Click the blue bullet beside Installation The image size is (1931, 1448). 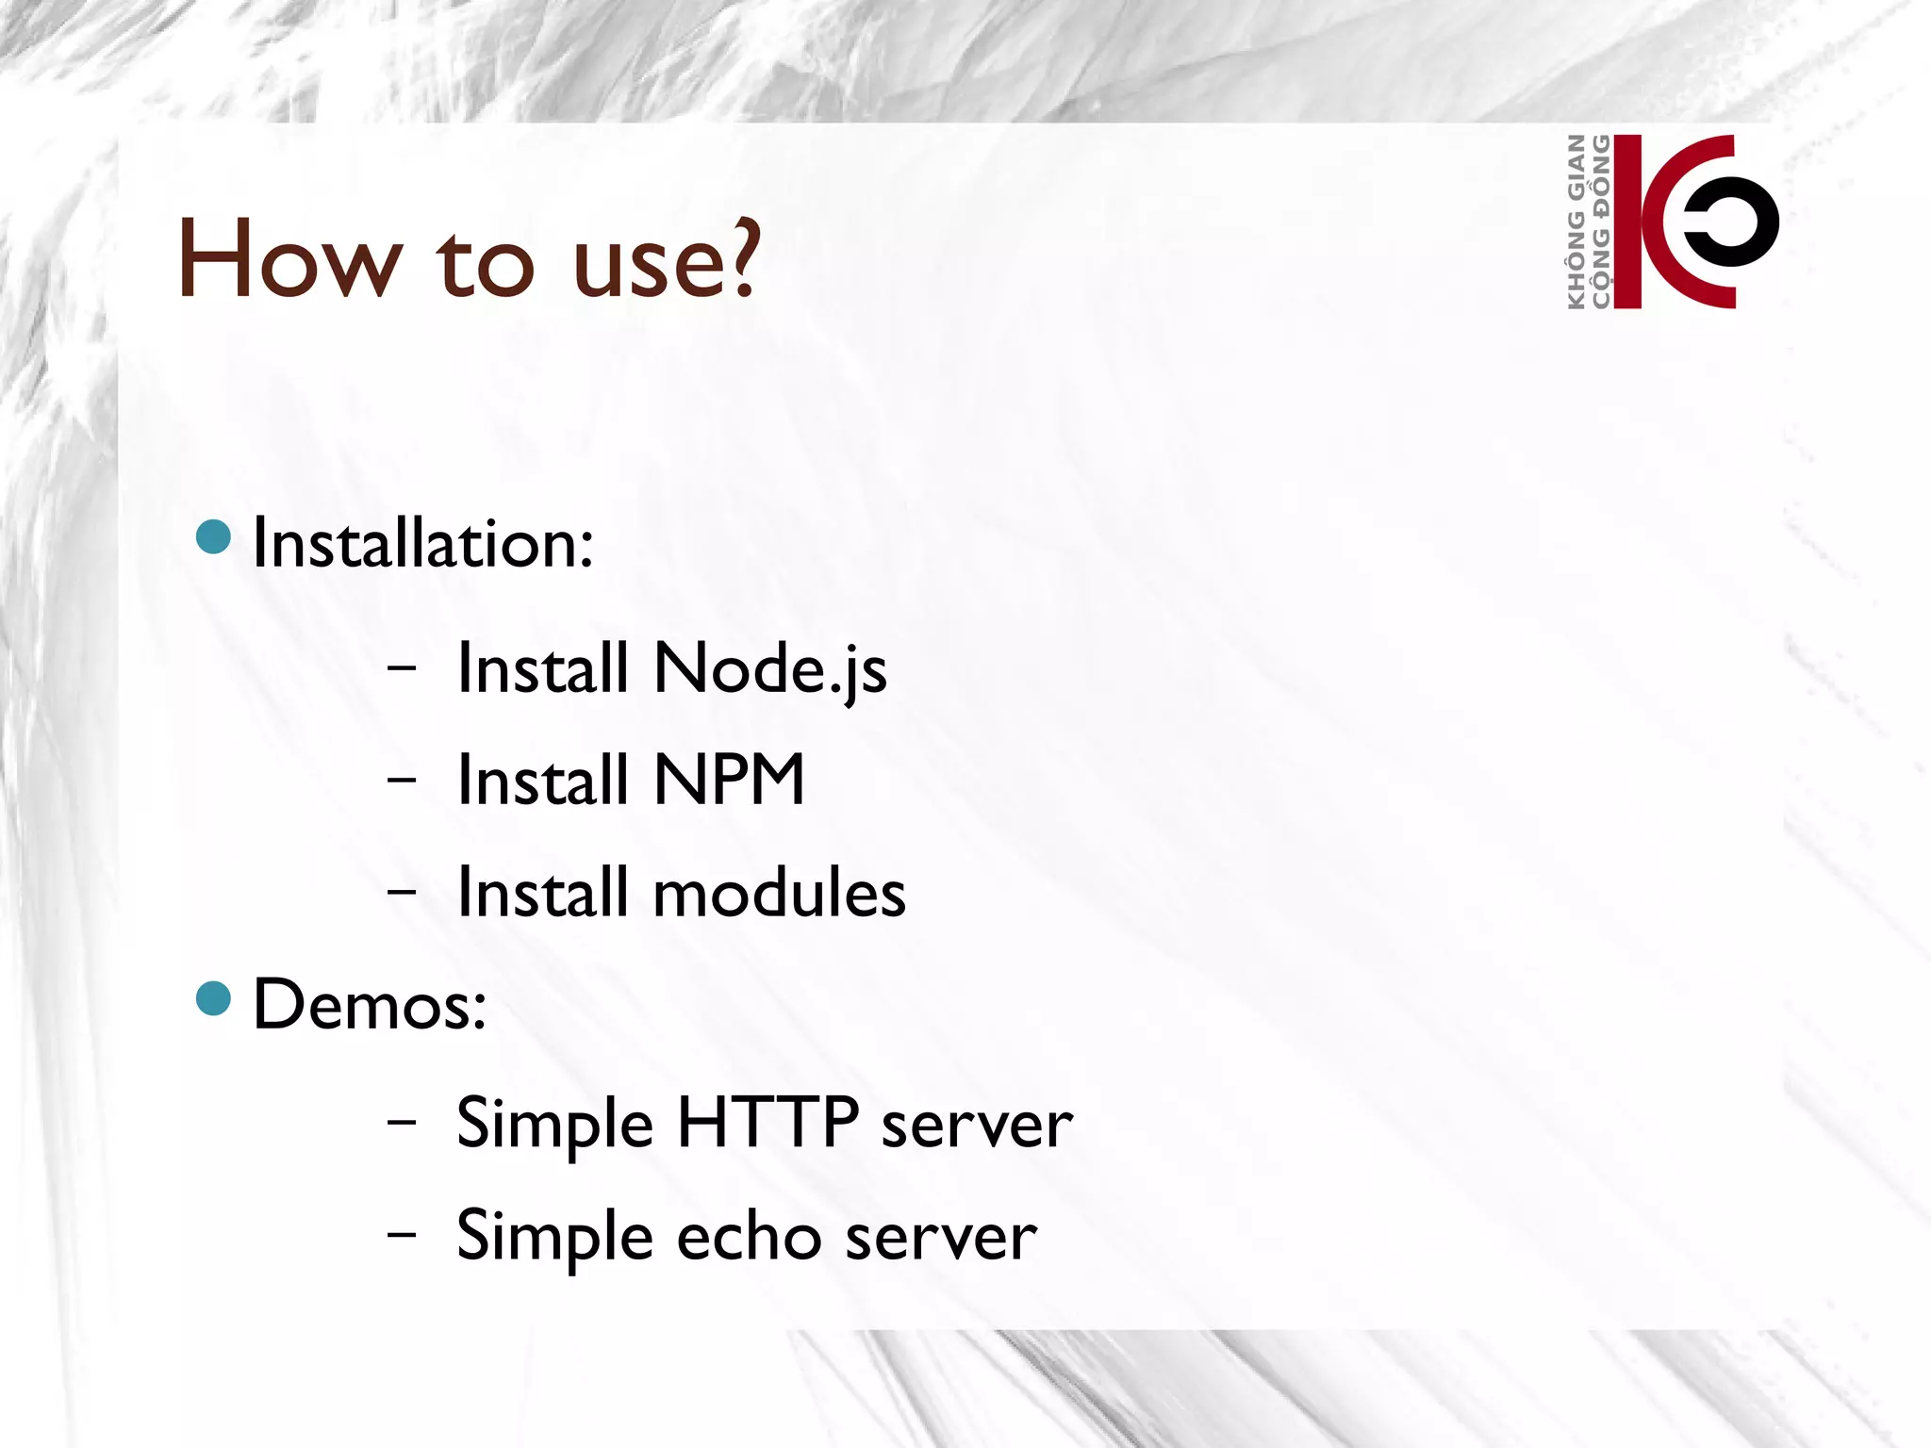[214, 536]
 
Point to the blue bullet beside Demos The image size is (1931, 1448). [214, 998]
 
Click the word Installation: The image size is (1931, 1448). [423, 544]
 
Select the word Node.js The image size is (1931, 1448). [769, 669]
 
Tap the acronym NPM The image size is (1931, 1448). [729, 780]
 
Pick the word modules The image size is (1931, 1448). [779, 892]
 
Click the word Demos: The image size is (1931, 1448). [370, 1005]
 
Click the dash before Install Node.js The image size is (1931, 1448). [402, 668]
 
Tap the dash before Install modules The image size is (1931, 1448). [402, 891]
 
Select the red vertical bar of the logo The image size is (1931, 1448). [1627, 222]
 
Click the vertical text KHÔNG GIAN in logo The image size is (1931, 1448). [1576, 222]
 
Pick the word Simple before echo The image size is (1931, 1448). [554, 1237]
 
